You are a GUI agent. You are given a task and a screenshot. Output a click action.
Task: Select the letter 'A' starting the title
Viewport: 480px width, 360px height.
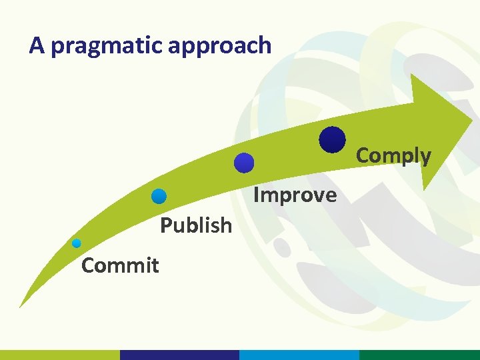click(37, 45)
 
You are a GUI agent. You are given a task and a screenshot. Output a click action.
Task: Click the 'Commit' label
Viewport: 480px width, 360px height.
click(119, 265)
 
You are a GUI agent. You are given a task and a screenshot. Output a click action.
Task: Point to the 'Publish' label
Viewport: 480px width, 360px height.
click(196, 225)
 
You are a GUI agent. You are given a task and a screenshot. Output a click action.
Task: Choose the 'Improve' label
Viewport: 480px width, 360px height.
click(295, 195)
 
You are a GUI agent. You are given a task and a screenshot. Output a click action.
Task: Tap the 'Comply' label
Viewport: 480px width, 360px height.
click(393, 155)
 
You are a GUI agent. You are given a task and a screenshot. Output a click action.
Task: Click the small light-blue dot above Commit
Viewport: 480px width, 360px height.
click(77, 243)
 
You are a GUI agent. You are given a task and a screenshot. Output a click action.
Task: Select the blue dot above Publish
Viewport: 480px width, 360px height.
click(159, 196)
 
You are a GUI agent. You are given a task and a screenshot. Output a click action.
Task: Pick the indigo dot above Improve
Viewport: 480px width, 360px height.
click(245, 163)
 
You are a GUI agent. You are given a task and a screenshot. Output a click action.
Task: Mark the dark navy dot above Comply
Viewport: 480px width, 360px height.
click(332, 140)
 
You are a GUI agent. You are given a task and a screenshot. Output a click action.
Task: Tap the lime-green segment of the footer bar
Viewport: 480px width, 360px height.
click(60, 355)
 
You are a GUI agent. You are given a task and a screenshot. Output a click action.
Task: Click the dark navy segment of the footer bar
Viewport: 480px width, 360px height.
click(179, 355)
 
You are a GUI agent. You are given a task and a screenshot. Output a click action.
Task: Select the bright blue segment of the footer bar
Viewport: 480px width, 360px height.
click(299, 355)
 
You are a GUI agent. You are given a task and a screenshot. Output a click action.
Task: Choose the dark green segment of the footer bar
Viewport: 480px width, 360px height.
click(419, 355)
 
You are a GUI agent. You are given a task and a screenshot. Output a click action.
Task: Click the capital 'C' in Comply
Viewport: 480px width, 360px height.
click(363, 155)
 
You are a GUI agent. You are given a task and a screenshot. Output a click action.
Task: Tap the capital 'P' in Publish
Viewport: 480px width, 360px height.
click(166, 225)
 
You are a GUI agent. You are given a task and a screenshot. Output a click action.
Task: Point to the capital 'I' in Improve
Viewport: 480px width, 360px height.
click(257, 195)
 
